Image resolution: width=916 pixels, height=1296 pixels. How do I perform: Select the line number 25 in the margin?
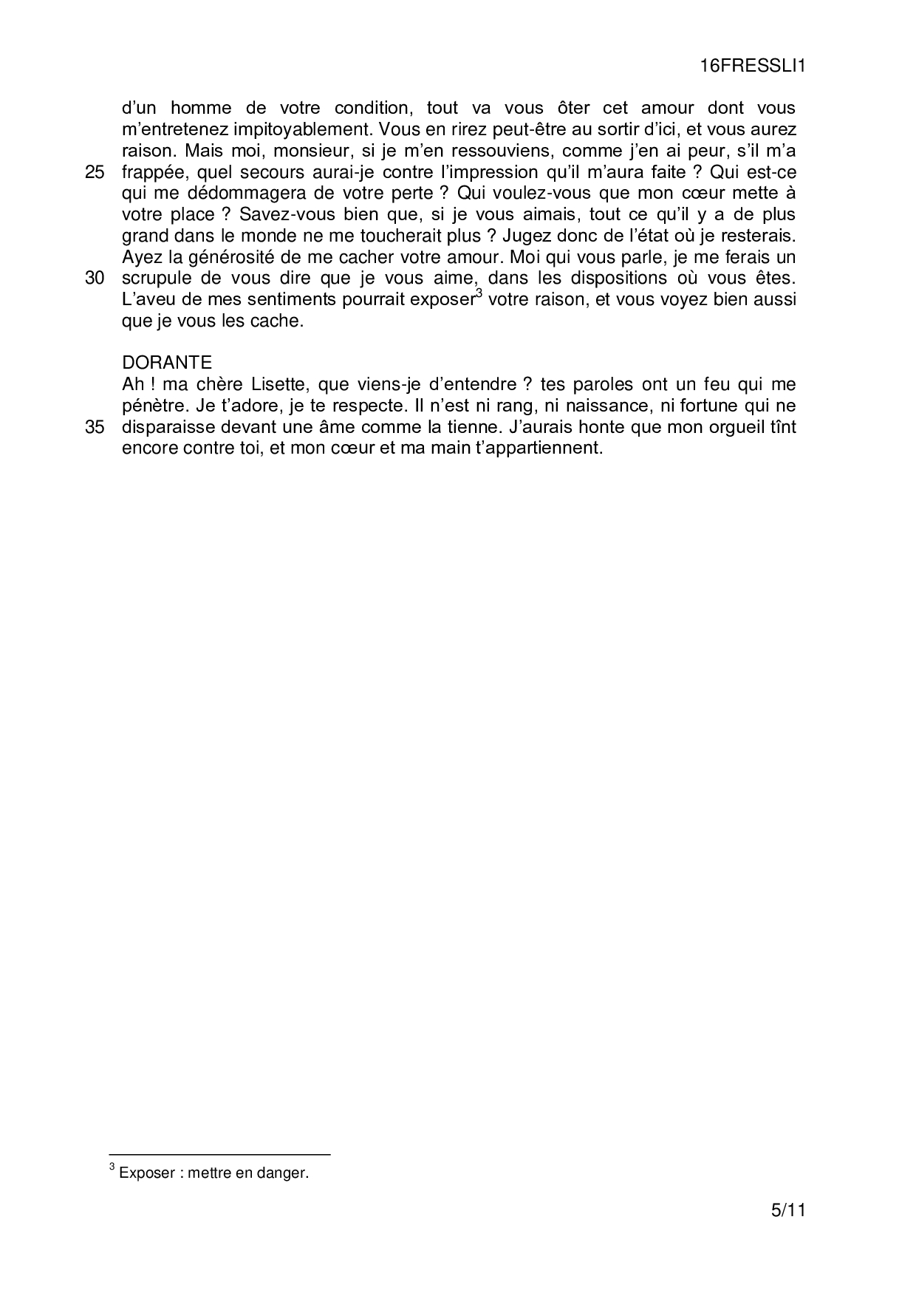coord(95,173)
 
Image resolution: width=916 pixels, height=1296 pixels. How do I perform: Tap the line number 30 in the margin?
coord(95,279)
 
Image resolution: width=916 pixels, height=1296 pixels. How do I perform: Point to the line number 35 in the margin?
coord(95,428)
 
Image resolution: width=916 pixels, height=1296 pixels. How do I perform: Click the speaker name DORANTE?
coord(167,363)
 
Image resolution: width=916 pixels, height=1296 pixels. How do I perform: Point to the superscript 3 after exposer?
coord(479,295)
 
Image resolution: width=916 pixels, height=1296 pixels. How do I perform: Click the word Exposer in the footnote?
coord(143,1173)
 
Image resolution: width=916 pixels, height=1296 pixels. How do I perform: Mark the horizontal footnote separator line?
coord(219,1154)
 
